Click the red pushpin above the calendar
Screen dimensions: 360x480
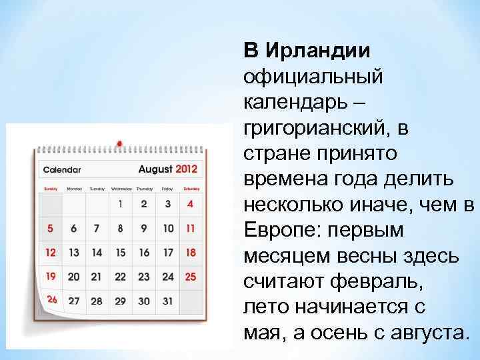tap(119, 143)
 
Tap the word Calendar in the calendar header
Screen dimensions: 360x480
tap(62, 170)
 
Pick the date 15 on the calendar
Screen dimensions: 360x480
tap(120, 253)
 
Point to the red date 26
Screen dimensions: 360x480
tap(51, 300)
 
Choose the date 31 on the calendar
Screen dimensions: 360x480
tap(167, 301)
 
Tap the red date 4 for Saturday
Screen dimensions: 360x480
tap(191, 205)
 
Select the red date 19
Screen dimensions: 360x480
tap(51, 276)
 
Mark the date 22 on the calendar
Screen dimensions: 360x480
tap(120, 277)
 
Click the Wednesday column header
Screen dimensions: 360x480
tap(121, 189)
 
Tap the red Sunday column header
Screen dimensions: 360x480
tap(51, 189)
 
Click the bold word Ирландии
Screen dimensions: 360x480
tap(317, 51)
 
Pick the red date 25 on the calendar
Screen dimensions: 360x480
tap(191, 277)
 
